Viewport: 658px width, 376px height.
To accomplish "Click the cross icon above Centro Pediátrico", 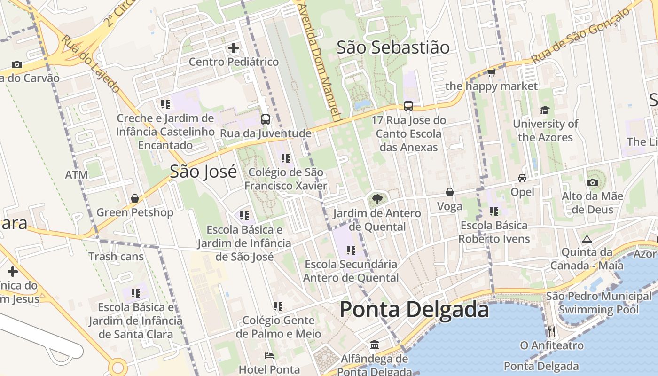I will click(x=234, y=48).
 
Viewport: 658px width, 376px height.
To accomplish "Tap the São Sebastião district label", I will click(x=393, y=47).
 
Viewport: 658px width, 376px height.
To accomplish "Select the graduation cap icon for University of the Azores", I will click(x=545, y=110).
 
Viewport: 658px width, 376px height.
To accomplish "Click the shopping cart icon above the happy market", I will click(x=491, y=72).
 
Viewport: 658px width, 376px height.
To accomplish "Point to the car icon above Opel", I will click(x=522, y=178).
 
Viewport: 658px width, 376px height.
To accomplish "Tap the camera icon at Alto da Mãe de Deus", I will click(x=592, y=182).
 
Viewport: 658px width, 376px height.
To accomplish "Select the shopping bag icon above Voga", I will click(x=450, y=192).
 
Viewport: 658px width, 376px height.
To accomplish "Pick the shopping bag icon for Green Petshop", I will click(x=135, y=198).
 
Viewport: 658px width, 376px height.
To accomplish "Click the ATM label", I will click(x=77, y=175).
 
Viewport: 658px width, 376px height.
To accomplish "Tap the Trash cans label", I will click(x=116, y=257).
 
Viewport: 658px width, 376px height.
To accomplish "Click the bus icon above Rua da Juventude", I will click(x=266, y=119).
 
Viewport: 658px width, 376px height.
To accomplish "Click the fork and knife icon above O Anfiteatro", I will click(x=552, y=331).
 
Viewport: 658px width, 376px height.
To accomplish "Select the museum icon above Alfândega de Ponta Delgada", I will click(x=375, y=345).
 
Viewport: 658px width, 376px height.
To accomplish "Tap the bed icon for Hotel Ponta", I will click(x=269, y=356).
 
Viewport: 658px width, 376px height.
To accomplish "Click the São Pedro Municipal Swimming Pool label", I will click(x=599, y=303).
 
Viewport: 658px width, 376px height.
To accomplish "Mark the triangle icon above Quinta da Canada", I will click(x=587, y=239).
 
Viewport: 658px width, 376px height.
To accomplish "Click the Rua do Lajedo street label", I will click(x=90, y=63).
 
